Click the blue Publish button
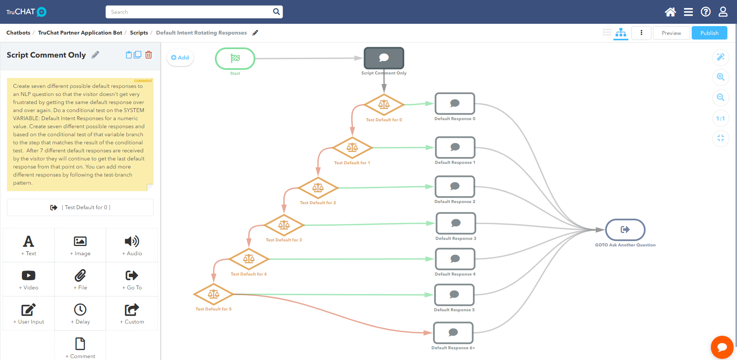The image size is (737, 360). [709, 33]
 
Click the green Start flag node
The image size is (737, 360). [235, 58]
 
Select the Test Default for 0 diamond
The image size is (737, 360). [384, 104]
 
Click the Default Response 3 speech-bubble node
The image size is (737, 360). [456, 223]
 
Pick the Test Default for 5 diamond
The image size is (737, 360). [213, 294]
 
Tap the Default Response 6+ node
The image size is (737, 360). [453, 333]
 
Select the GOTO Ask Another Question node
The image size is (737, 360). [625, 230]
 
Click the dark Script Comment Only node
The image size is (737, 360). [384, 58]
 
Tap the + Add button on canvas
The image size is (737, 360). [180, 58]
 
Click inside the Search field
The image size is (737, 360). [190, 12]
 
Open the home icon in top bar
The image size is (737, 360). [670, 12]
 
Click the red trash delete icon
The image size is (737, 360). [149, 55]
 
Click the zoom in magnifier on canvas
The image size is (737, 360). [720, 77]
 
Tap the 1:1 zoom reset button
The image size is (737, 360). [720, 119]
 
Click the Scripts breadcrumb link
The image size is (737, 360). [139, 33]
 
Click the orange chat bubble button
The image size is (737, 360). [722, 347]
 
